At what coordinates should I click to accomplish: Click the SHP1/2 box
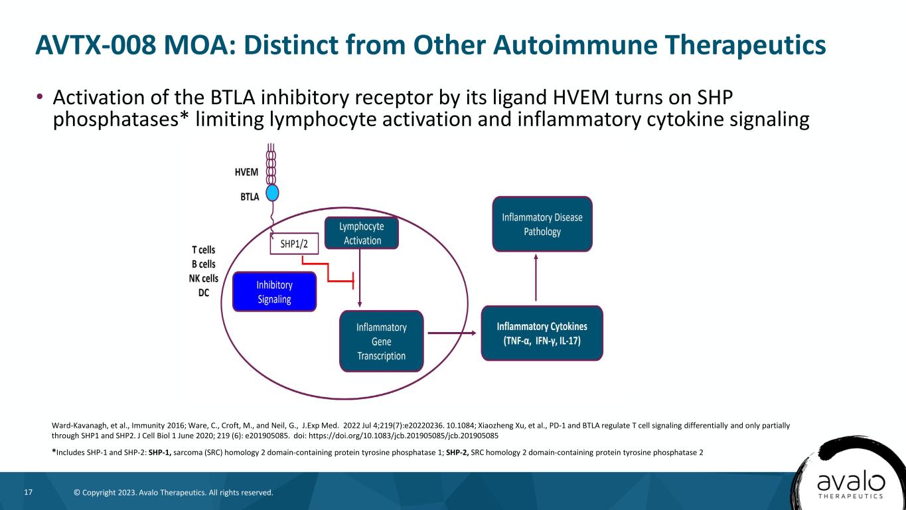click(294, 244)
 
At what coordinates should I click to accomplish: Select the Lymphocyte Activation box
click(362, 233)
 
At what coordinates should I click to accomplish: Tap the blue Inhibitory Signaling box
click(274, 292)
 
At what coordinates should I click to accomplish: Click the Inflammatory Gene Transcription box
click(381, 341)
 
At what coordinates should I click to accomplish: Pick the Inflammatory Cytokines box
click(542, 333)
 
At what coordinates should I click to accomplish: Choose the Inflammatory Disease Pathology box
click(542, 224)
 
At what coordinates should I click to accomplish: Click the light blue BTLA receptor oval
click(272, 193)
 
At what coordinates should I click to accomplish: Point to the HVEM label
click(247, 171)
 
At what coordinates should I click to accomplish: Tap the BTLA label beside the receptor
click(250, 197)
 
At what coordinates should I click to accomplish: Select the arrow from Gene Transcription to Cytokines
click(451, 333)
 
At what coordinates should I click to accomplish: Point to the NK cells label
click(203, 278)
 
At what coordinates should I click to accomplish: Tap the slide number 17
click(29, 493)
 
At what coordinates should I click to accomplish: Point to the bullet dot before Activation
click(39, 98)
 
